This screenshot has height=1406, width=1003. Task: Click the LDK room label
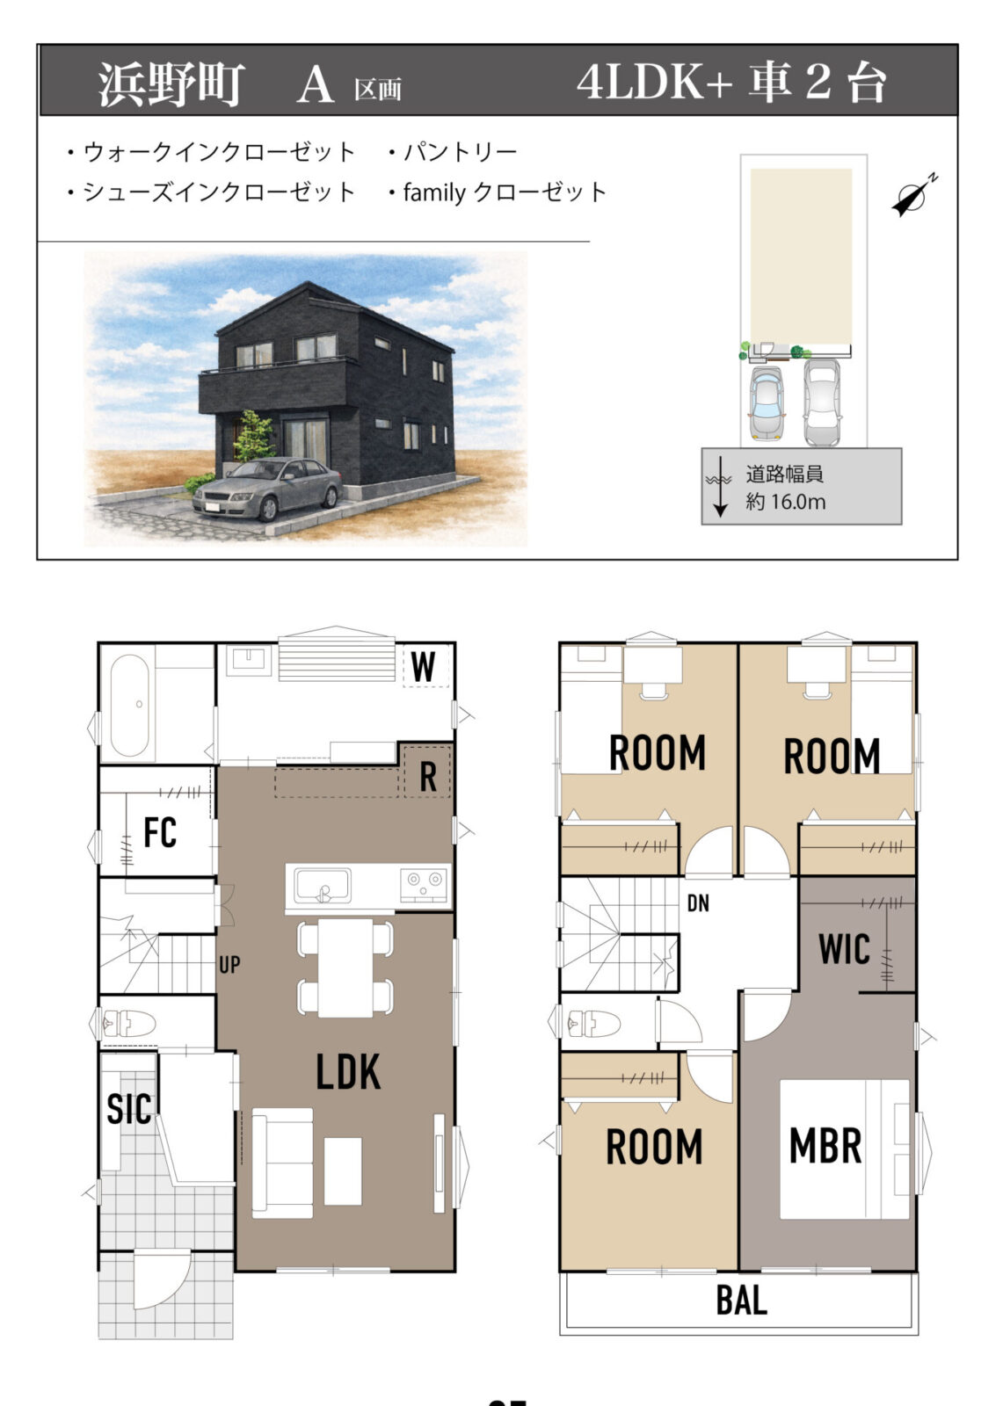tap(348, 1072)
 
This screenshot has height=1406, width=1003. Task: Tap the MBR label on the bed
tap(825, 1146)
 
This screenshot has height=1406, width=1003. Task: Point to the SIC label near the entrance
tap(128, 1109)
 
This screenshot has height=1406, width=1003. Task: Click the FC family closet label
tap(159, 832)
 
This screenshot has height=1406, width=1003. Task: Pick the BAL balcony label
tap(742, 1300)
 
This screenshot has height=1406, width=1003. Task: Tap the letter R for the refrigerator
tap(428, 777)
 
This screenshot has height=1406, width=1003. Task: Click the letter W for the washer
tap(424, 667)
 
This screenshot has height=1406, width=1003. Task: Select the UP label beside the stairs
tap(229, 964)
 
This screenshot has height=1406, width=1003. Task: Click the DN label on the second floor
tap(698, 903)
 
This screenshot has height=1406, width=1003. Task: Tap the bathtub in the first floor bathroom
tap(129, 705)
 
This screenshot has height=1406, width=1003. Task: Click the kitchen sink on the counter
tap(323, 886)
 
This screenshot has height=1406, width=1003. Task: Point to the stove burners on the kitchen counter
tap(424, 884)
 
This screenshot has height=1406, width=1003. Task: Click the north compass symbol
tap(914, 195)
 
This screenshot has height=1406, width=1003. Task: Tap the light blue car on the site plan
tap(766, 402)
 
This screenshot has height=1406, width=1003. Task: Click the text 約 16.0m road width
tap(785, 502)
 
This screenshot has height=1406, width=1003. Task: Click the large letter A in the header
tap(315, 84)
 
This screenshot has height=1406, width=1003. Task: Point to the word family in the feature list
tap(434, 192)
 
